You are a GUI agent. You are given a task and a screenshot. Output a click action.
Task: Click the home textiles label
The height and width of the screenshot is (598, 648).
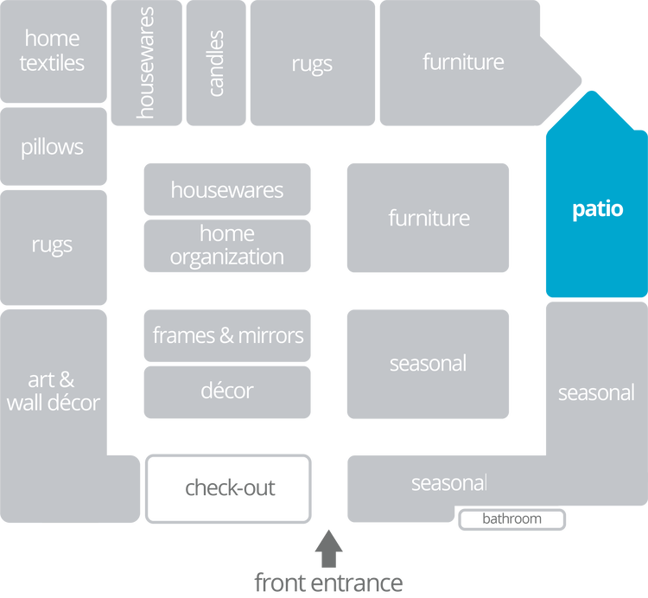[x=53, y=50]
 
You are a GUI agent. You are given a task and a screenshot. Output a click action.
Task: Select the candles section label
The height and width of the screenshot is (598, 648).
[x=216, y=63]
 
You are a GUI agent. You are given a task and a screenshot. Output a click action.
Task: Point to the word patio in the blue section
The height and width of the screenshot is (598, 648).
[x=597, y=209]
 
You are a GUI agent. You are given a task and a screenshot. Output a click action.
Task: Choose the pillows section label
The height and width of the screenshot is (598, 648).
[x=53, y=147]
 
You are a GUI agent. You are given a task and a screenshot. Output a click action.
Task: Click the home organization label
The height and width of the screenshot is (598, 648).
[x=227, y=245]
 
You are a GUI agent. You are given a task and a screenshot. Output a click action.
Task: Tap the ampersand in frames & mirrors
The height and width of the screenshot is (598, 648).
[x=228, y=335]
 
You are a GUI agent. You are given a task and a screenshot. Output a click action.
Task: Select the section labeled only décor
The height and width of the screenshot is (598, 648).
[x=227, y=391]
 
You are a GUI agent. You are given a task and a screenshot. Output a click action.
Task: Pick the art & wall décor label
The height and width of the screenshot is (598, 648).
[x=54, y=391]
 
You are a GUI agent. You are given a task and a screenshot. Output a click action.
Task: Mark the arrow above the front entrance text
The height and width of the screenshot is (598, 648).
[x=328, y=545]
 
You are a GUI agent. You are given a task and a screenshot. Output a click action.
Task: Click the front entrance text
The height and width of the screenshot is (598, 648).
[x=328, y=582]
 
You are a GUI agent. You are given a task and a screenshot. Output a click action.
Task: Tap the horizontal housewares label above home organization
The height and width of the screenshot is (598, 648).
[x=227, y=190]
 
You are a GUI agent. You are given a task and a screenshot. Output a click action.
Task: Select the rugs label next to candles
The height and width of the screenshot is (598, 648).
[x=312, y=64]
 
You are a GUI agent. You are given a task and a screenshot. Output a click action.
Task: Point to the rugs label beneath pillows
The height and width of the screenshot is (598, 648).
[x=53, y=245]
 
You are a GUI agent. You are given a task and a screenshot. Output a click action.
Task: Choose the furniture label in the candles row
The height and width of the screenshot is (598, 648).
[x=463, y=62]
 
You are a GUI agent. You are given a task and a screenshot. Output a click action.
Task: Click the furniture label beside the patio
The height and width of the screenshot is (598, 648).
[x=429, y=218]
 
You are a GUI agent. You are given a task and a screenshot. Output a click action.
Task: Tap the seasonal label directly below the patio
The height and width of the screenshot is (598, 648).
[x=596, y=393]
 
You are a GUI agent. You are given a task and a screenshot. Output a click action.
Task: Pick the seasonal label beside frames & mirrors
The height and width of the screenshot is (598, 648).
[x=429, y=363]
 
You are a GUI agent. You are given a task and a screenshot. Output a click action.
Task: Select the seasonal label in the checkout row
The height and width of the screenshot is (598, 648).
[x=448, y=483]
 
